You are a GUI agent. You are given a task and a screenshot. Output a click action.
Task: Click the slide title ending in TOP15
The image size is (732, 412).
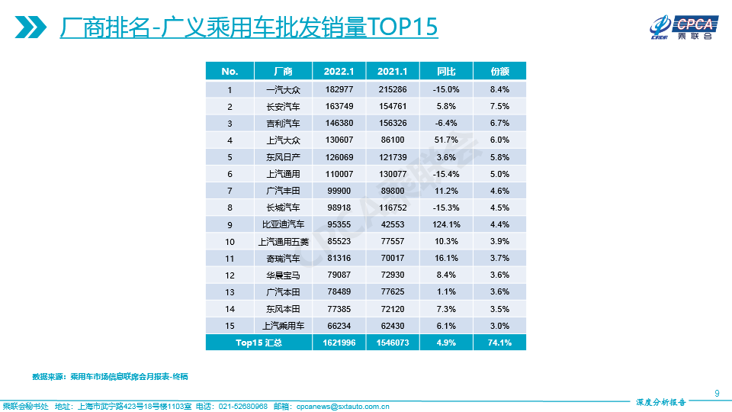tap(249, 27)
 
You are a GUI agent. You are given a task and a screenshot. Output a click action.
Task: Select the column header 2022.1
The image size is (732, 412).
tap(339, 71)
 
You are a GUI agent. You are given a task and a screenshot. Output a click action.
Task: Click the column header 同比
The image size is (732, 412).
tap(445, 71)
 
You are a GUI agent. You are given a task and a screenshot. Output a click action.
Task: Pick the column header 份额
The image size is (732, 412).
tap(499, 71)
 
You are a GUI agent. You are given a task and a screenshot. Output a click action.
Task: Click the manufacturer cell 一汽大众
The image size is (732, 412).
tap(282, 89)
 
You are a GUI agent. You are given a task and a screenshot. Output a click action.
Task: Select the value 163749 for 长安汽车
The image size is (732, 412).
tap(339, 106)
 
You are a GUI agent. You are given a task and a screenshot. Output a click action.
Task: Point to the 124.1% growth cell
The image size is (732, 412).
tap(445, 224)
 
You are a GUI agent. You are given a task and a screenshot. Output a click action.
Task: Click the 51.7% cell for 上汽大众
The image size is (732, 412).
tap(445, 140)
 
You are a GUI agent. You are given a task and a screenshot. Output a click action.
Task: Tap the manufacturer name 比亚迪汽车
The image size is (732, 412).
tap(282, 224)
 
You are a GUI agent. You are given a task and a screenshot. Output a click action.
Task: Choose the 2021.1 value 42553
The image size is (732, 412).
tap(393, 224)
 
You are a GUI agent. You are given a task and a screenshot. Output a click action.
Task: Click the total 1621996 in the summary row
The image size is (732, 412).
tap(339, 343)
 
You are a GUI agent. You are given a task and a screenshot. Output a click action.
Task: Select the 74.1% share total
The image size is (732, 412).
tap(499, 343)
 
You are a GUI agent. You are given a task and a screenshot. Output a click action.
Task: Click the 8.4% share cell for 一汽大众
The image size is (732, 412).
tap(499, 89)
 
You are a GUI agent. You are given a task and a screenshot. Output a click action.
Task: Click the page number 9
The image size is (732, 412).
tap(717, 393)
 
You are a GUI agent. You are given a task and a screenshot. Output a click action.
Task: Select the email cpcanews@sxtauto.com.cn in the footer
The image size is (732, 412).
tap(343, 406)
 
